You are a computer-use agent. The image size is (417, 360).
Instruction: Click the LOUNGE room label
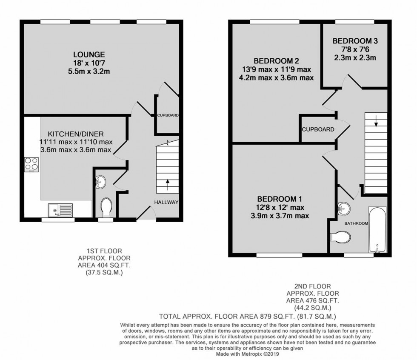coord(89,54)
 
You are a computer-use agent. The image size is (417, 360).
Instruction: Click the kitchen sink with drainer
coord(60,210)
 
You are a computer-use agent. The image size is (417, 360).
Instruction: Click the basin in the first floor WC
coord(100,182)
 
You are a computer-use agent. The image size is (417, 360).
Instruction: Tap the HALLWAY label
coord(166,202)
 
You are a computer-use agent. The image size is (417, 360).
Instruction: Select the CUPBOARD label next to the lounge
coord(168,115)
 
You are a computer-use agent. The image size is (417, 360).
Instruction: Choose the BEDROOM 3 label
coord(355,41)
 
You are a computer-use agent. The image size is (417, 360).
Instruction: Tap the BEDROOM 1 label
coord(279,199)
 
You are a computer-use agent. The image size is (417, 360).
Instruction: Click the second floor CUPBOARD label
coord(318,129)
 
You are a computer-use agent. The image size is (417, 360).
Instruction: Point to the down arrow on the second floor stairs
coord(376,123)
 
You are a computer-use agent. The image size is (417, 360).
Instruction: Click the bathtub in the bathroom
coord(377,230)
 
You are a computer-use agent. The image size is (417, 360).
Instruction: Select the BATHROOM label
coord(356,223)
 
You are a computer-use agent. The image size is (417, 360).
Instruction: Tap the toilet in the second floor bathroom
coord(341,236)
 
